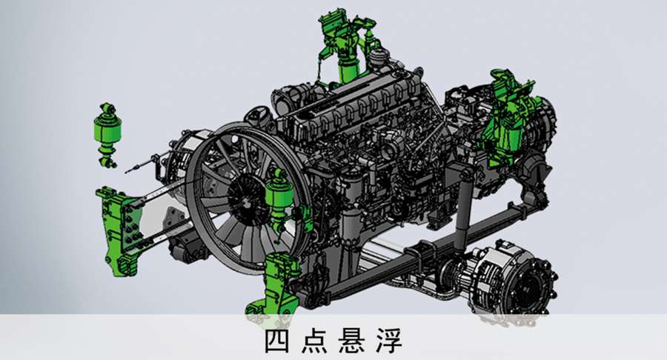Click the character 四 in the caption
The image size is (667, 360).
tap(277, 341)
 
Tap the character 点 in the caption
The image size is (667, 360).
tap(314, 341)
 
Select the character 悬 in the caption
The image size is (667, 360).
tap(352, 341)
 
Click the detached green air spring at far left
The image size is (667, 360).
tap(107, 133)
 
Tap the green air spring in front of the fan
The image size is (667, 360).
tap(279, 196)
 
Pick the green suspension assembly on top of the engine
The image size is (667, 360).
tap(345, 47)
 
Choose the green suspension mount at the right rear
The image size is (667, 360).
tap(508, 120)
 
